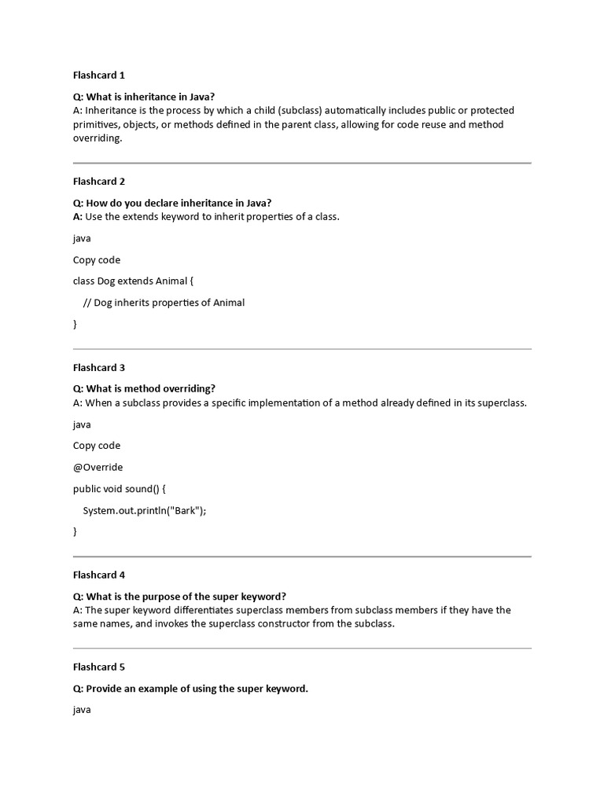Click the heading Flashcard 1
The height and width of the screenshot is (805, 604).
[x=99, y=75]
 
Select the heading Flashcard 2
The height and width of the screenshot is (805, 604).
[x=99, y=182]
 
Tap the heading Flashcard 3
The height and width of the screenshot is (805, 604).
[x=99, y=367]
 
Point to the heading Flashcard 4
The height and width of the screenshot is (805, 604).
[x=99, y=575]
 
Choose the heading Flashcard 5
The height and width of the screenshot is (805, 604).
[x=99, y=667]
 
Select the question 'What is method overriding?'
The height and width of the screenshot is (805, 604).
[x=144, y=388]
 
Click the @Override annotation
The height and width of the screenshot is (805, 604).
[x=98, y=467]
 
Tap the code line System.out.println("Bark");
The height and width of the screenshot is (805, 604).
[x=145, y=510]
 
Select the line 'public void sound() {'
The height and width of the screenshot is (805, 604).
[x=120, y=488]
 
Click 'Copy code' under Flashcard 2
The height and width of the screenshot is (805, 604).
[x=97, y=260]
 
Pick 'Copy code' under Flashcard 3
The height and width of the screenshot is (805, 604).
[x=97, y=446]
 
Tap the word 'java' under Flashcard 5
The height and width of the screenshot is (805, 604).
[x=82, y=710]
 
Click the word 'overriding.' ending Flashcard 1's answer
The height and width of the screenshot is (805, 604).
[x=98, y=138]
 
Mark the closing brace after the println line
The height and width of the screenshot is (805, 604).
[x=75, y=531]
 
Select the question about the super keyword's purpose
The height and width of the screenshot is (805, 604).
[x=179, y=596]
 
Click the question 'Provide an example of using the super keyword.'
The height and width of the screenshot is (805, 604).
[x=190, y=689]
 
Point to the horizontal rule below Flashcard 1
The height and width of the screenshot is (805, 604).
[x=302, y=164]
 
